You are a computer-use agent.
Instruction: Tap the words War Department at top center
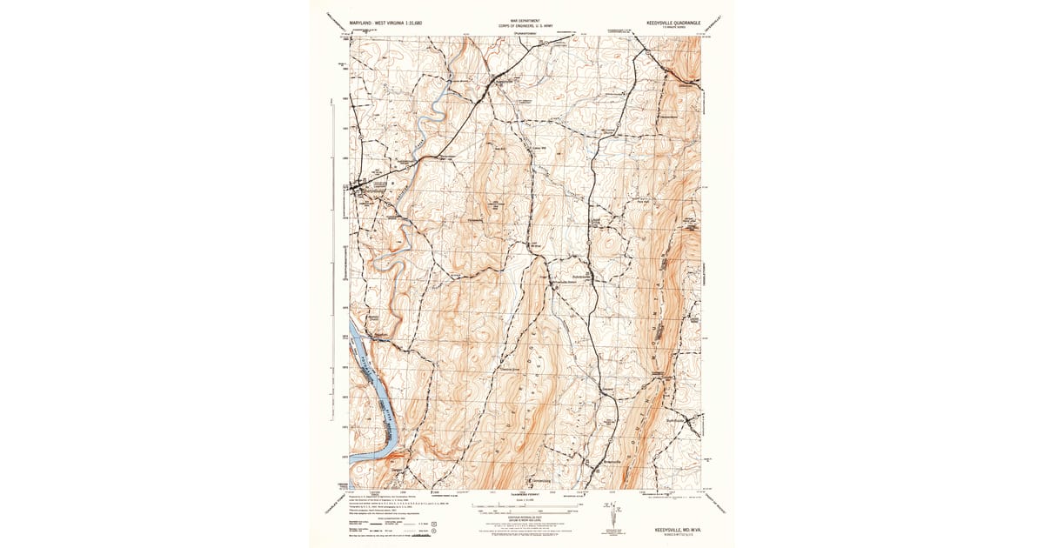[x=525, y=19]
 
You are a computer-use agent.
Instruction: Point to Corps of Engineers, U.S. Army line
[x=525, y=25]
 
